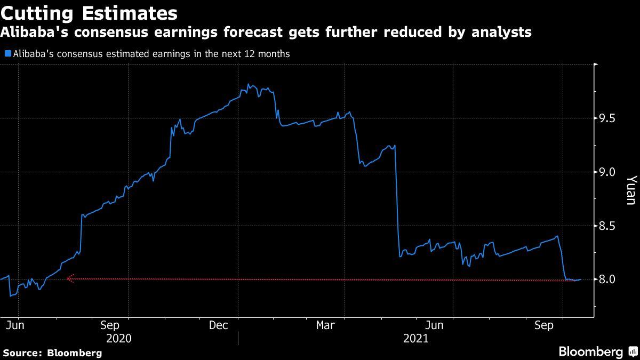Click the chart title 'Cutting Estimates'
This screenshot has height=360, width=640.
[x=89, y=12]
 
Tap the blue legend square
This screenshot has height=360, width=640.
[x=7, y=54]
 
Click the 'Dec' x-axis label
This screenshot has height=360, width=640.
[x=219, y=325]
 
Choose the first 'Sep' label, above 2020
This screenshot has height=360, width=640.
[x=109, y=325]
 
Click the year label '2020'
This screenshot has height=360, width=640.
[x=119, y=339]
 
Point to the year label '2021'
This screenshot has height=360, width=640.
[x=416, y=339]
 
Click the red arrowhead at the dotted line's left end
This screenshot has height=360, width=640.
[x=69, y=278]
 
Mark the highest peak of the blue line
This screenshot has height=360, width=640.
[x=249, y=85]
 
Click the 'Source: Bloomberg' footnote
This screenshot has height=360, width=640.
[x=52, y=353]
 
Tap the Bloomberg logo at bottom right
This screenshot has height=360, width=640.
[x=597, y=351]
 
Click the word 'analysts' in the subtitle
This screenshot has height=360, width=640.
[x=502, y=33]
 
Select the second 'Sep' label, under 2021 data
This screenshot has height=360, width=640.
[x=545, y=325]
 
